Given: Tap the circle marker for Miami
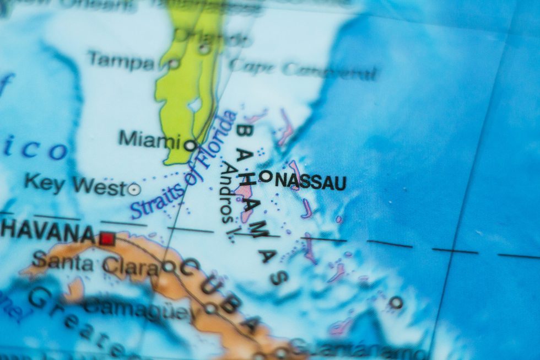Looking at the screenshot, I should pyautogui.click(x=190, y=146).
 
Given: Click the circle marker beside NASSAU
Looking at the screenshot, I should pyautogui.click(x=266, y=176).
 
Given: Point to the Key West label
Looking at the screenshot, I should pyautogui.click(x=75, y=184).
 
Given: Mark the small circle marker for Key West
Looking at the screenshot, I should pyautogui.click(x=133, y=190).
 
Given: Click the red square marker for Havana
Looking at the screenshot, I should pyautogui.click(x=107, y=239).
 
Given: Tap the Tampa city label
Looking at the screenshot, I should pyautogui.click(x=121, y=60).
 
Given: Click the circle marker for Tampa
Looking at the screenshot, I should pyautogui.click(x=174, y=64).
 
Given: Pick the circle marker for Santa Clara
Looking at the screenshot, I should pyautogui.click(x=169, y=267).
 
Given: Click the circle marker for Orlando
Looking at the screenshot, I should pyautogui.click(x=204, y=49).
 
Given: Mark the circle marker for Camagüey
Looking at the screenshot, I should pyautogui.click(x=210, y=308).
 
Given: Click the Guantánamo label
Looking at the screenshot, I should pyautogui.click(x=358, y=348).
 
